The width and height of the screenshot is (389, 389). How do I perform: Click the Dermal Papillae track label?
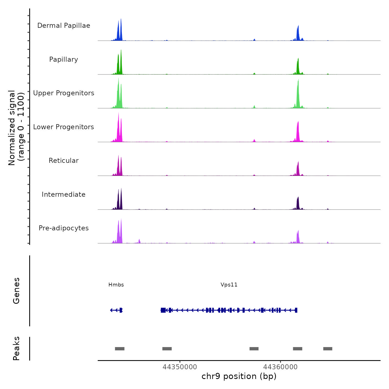click(x=64, y=26)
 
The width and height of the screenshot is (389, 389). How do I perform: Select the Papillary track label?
click(x=64, y=59)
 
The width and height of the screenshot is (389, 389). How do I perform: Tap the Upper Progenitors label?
click(x=64, y=93)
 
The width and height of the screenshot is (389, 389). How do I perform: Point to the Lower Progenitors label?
click(x=64, y=127)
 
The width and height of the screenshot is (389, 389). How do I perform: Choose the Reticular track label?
click(x=64, y=161)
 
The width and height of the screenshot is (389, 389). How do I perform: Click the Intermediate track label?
click(x=64, y=194)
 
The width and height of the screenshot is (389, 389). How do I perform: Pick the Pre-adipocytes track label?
click(x=64, y=228)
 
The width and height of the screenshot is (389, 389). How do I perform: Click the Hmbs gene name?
click(x=116, y=285)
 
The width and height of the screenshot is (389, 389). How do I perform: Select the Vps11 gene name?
click(x=229, y=285)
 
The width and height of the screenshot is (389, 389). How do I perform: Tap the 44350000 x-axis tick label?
click(x=180, y=367)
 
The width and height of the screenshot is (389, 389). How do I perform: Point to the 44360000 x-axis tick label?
click(x=280, y=367)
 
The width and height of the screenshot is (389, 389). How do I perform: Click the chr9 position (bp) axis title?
click(x=239, y=376)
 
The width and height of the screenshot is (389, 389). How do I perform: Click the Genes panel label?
click(x=16, y=291)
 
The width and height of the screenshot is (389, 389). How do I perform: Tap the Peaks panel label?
click(x=16, y=348)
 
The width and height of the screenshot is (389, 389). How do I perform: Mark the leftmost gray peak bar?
click(x=120, y=349)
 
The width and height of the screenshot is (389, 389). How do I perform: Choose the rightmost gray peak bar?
click(x=328, y=349)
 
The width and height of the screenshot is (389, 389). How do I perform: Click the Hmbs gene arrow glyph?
click(x=116, y=310)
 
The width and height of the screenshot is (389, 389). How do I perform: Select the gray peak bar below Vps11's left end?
click(x=167, y=349)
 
